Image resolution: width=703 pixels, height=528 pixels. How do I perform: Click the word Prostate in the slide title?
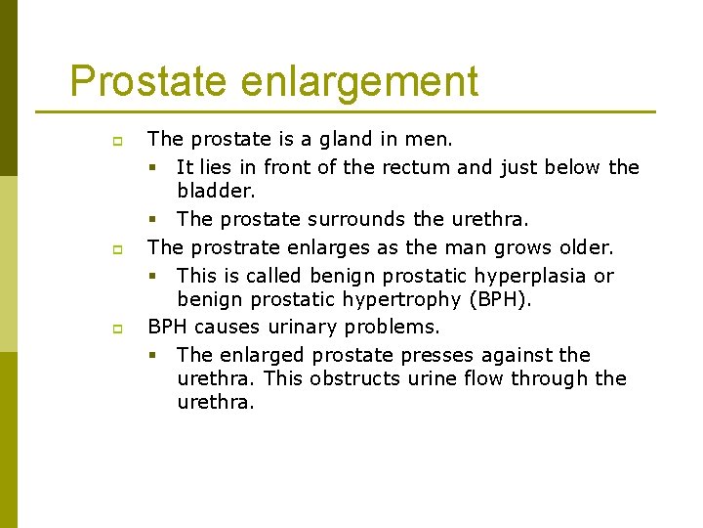[147, 81]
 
